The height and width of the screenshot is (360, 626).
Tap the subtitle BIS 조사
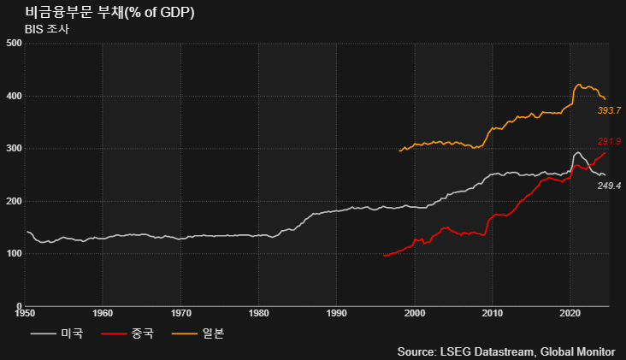(x=46, y=29)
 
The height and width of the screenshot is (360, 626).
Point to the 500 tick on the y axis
(x=13, y=43)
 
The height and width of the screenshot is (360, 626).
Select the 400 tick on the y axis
(x=13, y=96)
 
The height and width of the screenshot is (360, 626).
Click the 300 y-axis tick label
(x=13, y=148)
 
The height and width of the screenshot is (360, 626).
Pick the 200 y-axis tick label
(x=13, y=201)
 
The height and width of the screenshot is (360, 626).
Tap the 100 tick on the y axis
(x=13, y=254)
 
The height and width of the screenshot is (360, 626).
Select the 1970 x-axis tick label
(x=180, y=314)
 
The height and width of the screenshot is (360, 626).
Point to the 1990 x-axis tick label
(x=336, y=314)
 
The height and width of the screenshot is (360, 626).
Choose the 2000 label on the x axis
(x=415, y=314)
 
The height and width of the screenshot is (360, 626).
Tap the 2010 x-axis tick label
(x=493, y=314)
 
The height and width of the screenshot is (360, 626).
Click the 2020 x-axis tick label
(x=570, y=314)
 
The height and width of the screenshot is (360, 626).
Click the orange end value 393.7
(x=609, y=111)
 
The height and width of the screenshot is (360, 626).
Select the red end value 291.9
(x=609, y=142)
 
